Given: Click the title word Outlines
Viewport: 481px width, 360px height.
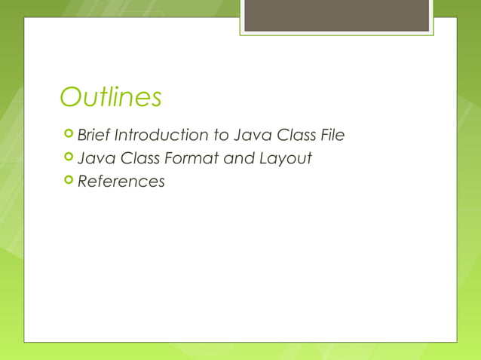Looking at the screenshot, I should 111,97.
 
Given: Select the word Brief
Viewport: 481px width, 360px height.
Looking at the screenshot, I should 93,136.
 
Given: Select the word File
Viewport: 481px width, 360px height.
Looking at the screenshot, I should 333,136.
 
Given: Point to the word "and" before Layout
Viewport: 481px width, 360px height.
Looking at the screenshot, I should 238,159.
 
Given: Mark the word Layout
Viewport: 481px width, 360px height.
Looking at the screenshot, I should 284,160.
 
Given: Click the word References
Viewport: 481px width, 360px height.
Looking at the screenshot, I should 121,182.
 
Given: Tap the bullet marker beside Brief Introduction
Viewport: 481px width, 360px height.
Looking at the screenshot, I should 69,135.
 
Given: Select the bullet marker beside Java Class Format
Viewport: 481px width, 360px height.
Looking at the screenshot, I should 69,158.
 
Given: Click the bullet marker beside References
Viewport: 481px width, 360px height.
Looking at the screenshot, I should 69,181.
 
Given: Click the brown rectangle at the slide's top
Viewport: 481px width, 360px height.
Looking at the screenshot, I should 336,16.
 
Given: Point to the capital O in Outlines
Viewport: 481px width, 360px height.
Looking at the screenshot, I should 71,97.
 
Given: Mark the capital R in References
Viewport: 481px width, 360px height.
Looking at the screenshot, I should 83,182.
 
